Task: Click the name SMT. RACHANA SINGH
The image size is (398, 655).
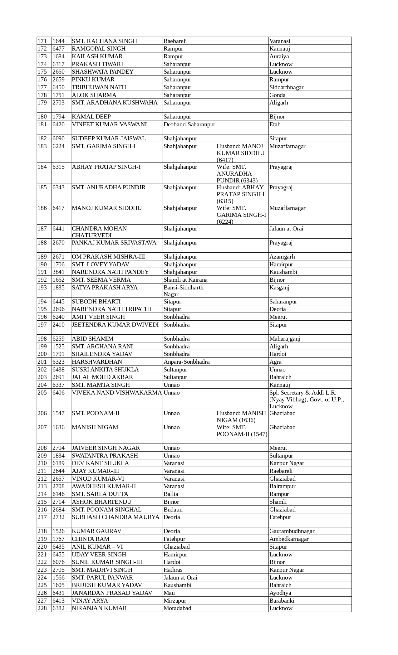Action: coord(104,41)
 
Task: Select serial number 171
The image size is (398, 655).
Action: coord(42,41)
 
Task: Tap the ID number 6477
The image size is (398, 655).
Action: coord(58,49)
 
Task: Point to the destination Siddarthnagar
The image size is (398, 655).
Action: coord(286,87)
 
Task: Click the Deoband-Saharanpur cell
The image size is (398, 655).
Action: coord(189,124)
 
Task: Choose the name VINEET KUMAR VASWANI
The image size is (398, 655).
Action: coord(109,124)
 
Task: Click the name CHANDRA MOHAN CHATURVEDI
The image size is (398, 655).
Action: coord(99,232)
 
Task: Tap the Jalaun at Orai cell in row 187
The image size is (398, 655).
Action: coord(286,229)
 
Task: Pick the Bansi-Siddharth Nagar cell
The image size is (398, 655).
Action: coord(184,291)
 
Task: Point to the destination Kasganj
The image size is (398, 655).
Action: coord(279,288)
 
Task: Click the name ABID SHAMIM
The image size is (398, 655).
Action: coord(93,339)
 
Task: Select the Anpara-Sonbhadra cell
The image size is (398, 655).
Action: coord(187,362)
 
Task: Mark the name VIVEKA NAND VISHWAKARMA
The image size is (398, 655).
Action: coord(117,393)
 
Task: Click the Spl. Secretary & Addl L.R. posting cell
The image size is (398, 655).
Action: coord(307,399)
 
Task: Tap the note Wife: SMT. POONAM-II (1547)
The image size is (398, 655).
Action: coord(242,431)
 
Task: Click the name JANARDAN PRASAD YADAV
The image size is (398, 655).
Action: coord(112,593)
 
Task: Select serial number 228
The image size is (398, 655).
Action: coord(42,608)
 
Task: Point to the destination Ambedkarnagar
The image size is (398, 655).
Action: coord(289,539)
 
